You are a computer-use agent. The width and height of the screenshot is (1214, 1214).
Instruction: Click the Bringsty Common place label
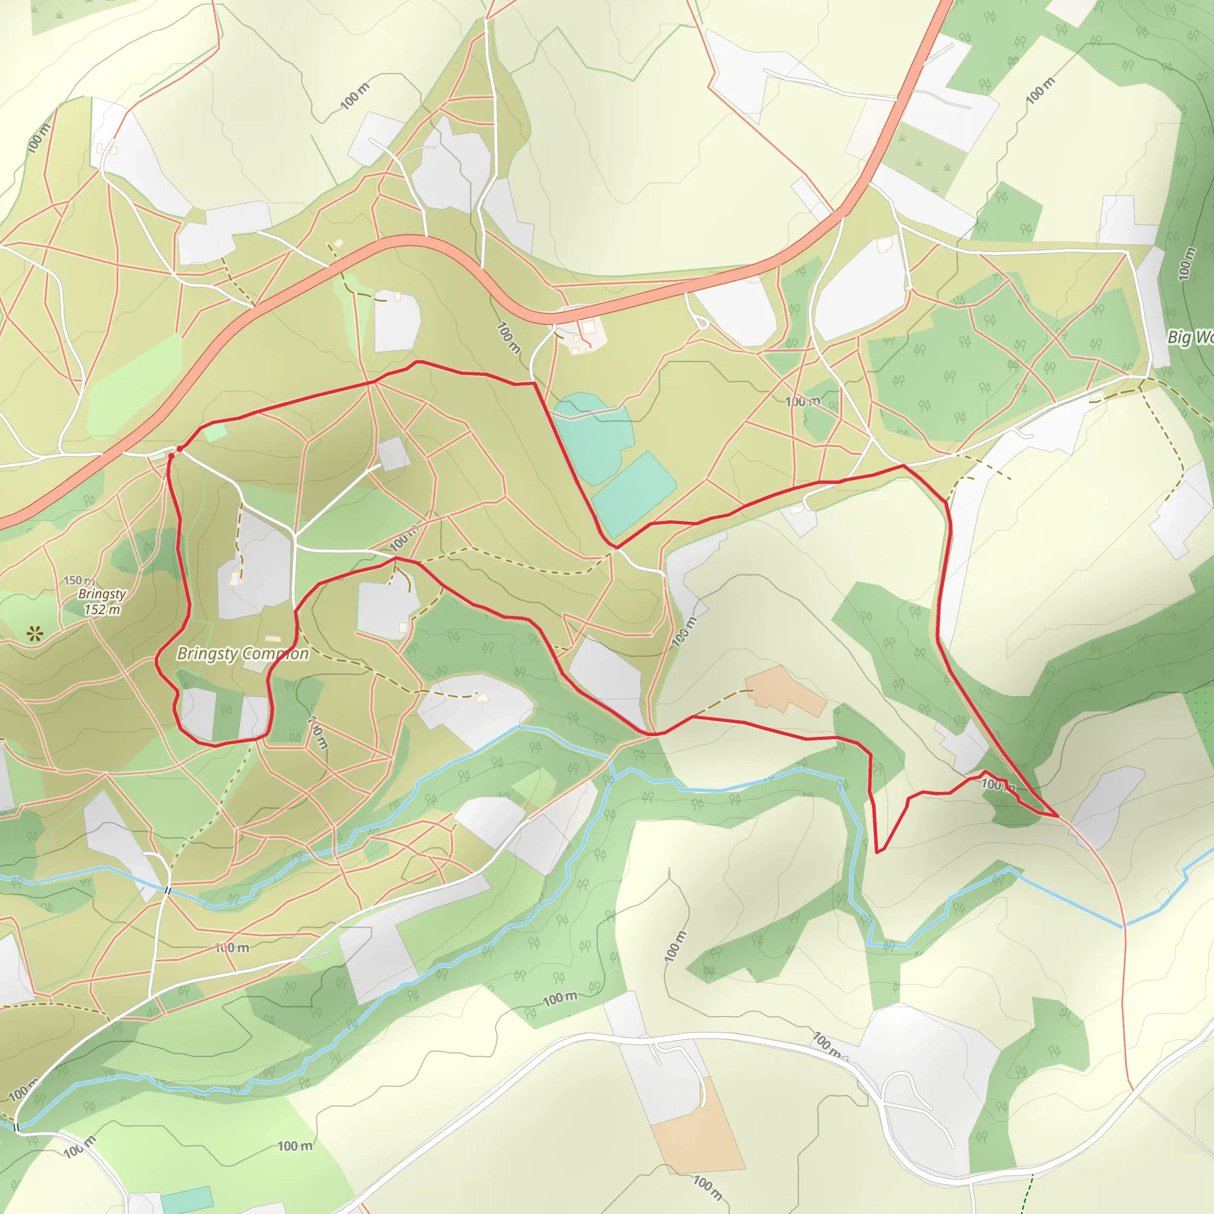click(x=242, y=654)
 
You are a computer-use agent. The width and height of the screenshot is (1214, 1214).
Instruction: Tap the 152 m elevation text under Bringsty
click(x=103, y=609)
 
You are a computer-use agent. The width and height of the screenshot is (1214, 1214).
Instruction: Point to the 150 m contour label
click(x=79, y=580)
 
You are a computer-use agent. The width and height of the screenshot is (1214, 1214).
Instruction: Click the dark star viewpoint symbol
click(x=35, y=634)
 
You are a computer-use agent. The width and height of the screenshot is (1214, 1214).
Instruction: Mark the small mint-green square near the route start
click(x=215, y=432)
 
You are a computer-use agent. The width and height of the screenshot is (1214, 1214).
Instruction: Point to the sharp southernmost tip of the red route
click(x=878, y=852)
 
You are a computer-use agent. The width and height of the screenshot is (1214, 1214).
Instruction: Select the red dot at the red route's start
click(x=180, y=449)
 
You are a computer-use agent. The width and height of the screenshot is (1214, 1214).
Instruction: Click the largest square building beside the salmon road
click(x=588, y=327)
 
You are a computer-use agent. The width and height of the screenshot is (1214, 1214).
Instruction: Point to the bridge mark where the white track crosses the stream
click(x=167, y=890)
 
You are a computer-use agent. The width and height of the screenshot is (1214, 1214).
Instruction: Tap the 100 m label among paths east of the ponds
click(x=803, y=401)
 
